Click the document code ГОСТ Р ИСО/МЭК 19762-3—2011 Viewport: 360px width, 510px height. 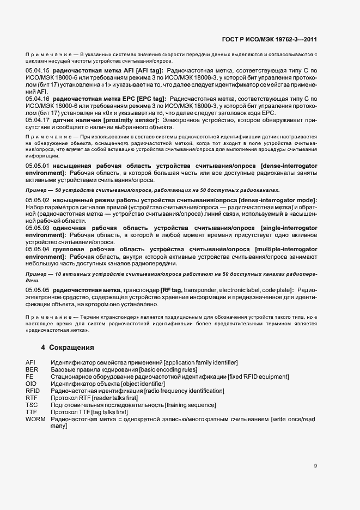271,40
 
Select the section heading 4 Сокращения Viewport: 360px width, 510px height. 68,347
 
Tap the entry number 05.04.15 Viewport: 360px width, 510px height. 38,71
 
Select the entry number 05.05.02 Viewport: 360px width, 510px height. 38,201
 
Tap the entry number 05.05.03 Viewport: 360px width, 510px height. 38,228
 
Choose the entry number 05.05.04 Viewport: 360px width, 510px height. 38,249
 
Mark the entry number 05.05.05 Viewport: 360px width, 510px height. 38,290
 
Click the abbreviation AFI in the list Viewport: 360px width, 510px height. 30,363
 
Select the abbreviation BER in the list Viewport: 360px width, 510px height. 31,370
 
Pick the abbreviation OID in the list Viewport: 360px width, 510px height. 31,384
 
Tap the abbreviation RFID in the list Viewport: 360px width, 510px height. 33,391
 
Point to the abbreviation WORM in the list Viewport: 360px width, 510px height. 35,419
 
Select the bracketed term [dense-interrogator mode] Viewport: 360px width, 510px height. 277,201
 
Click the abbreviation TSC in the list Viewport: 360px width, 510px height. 32,405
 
